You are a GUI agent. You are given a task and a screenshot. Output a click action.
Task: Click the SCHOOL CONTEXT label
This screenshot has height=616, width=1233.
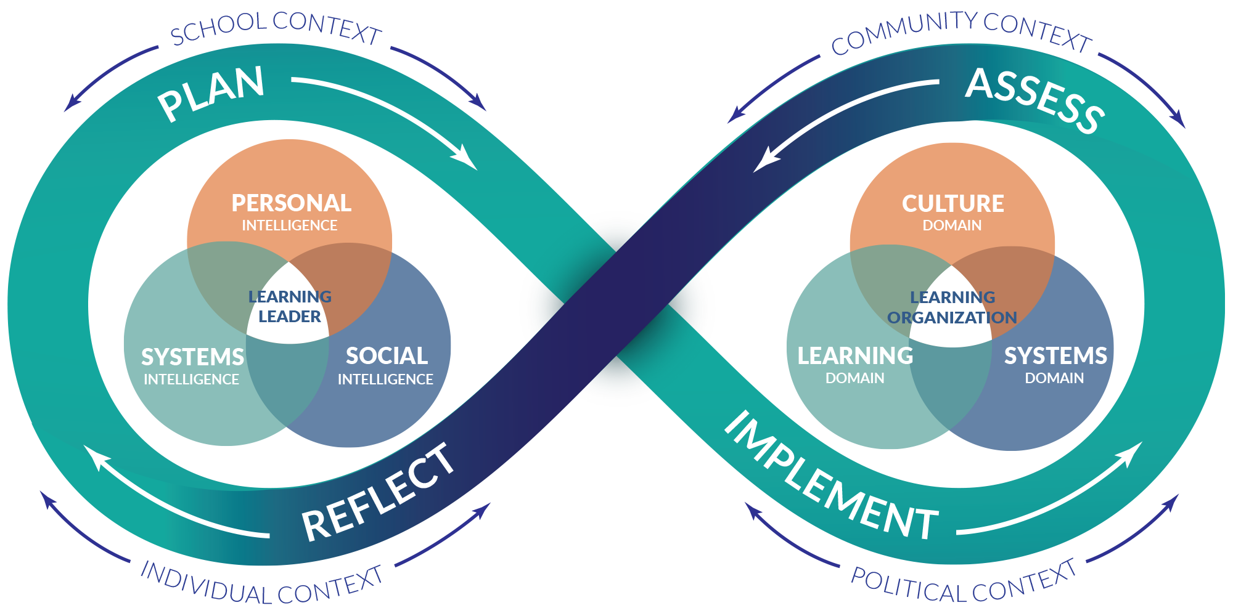tap(276, 28)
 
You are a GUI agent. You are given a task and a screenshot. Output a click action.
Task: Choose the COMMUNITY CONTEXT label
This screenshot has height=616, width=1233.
tap(962, 32)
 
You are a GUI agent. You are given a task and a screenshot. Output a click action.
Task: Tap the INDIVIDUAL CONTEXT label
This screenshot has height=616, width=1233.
tap(262, 585)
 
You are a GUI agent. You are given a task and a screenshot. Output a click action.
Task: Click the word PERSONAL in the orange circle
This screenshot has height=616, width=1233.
tap(291, 203)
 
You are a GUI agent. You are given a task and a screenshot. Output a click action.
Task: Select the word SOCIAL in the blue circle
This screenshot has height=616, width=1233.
tap(387, 356)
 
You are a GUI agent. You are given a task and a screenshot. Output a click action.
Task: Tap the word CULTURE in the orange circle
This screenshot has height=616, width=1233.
tap(952, 204)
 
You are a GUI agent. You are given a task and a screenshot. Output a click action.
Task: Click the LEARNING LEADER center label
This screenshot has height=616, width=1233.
tap(290, 307)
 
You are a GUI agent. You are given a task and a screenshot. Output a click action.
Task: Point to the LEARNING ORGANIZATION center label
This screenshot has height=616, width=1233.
tap(952, 307)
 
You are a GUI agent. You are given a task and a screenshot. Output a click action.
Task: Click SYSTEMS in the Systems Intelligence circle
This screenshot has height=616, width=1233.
tap(192, 357)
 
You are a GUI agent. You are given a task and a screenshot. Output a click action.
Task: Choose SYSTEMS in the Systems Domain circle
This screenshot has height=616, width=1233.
tap(1055, 356)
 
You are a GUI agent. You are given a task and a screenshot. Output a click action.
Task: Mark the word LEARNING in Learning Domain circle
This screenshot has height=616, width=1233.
tap(855, 356)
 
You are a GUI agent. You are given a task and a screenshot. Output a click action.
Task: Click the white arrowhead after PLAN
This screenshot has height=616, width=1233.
tap(465, 156)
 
